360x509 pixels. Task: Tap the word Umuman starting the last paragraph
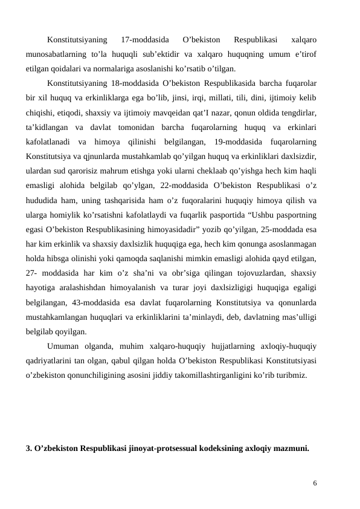[x=65, y=346]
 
